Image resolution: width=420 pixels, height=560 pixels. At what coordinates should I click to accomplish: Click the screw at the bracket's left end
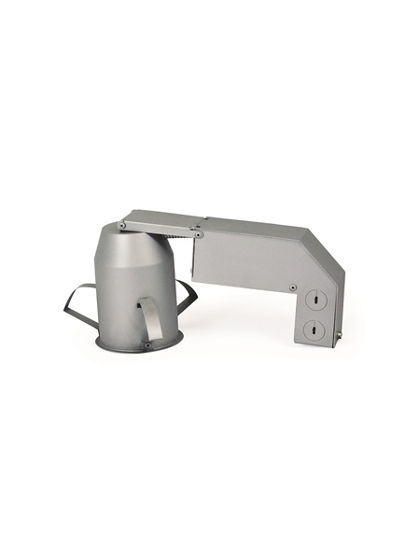[123, 224]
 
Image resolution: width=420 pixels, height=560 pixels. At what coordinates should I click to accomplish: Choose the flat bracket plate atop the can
[159, 221]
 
